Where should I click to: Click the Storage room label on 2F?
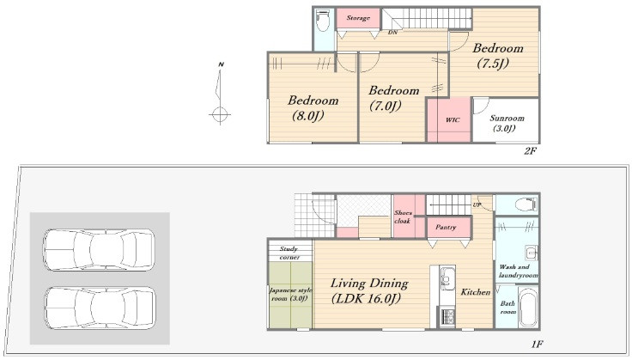tap(358, 18)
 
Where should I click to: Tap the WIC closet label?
tap(453, 119)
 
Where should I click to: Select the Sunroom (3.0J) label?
tap(507, 123)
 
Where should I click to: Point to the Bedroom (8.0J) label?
tap(313, 108)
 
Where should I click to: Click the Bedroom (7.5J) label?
tap(497, 55)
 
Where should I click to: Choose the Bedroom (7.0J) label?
tap(393, 98)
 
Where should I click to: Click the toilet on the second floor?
tap(323, 21)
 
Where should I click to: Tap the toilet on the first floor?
tap(526, 204)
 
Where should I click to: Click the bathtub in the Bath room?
tap(528, 307)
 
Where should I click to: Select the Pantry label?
tap(446, 227)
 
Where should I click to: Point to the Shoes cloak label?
tap(403, 217)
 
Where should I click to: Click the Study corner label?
tap(289, 253)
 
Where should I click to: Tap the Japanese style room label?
tap(290, 294)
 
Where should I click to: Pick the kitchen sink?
tap(447, 278)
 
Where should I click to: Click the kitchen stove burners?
tap(448, 317)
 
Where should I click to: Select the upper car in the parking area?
tap(99, 250)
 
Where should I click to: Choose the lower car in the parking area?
tap(100, 308)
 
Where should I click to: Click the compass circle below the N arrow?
tap(220, 114)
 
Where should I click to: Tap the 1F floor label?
tap(537, 345)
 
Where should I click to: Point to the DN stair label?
tap(392, 32)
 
